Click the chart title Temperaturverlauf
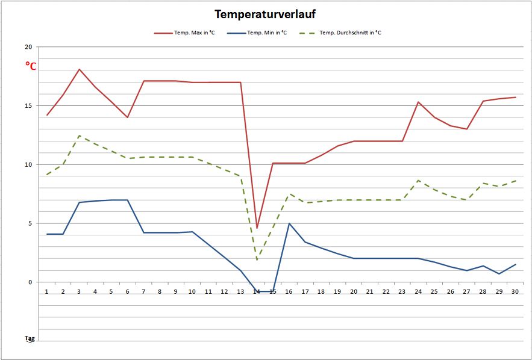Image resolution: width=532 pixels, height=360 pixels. tap(266, 14)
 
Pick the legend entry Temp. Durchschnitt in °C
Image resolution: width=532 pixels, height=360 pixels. tap(349, 33)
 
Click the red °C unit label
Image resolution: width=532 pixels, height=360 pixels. tap(31, 66)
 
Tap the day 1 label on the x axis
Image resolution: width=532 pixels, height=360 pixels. tap(46, 291)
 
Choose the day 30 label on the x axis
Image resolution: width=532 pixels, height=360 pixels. tap(515, 291)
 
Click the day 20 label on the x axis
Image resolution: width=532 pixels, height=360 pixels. tap(354, 291)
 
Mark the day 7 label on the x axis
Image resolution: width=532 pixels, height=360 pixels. tap(143, 291)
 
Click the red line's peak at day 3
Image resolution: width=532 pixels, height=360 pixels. tap(79, 69)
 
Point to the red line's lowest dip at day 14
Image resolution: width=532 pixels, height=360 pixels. tap(257, 228)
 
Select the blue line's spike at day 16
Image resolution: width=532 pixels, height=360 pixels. tap(289, 223)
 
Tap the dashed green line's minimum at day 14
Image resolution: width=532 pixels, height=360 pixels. tap(257, 260)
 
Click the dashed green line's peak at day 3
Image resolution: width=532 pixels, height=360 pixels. tap(79, 135)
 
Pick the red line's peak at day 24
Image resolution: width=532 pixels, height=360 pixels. tap(418, 102)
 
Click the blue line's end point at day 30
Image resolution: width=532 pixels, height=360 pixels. tap(515, 264)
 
